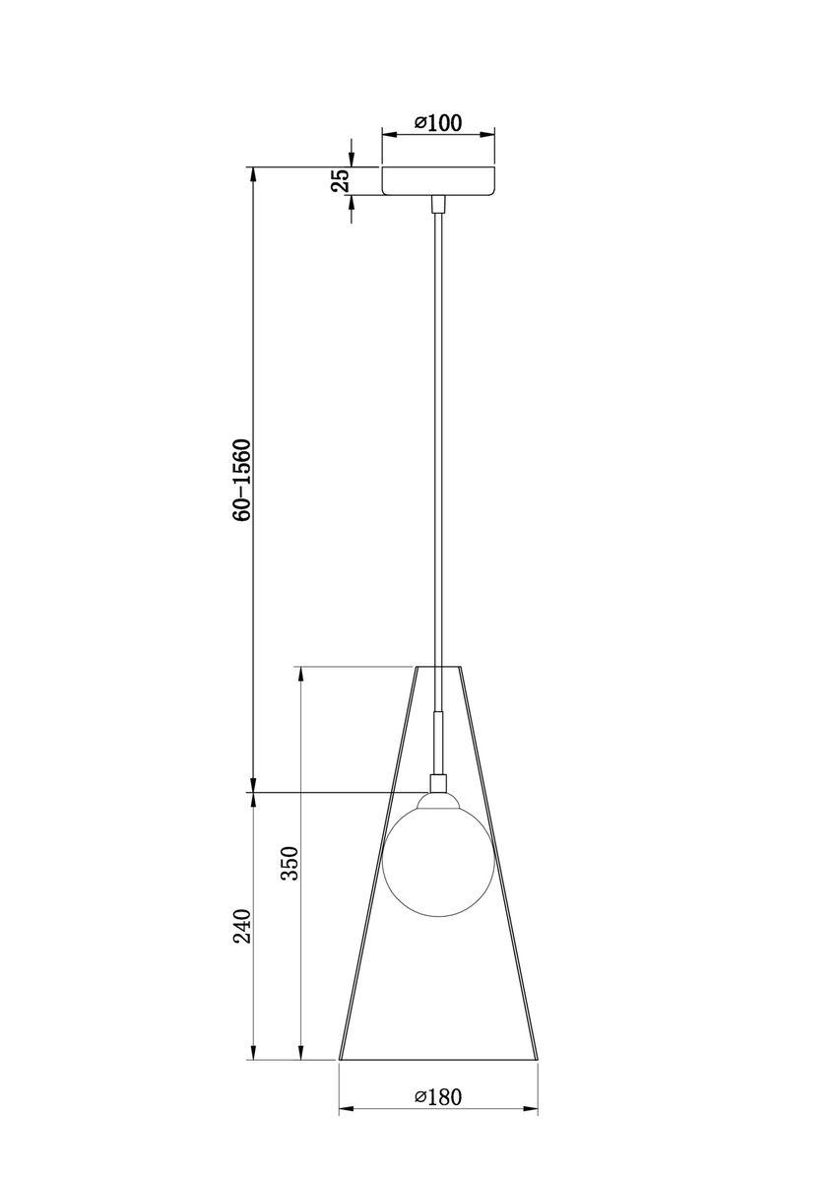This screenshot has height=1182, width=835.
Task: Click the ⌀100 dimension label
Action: tap(438, 122)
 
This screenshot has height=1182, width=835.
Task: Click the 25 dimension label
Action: tap(340, 180)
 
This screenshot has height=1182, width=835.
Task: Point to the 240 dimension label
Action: tap(243, 927)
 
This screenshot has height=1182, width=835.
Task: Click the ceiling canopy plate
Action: tap(438, 180)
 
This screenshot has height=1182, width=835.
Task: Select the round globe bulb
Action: tap(437, 852)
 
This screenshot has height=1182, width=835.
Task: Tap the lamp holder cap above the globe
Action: tap(438, 783)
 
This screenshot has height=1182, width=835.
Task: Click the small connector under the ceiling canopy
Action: tap(438, 203)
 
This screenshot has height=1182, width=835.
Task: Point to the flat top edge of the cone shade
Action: tap(438, 667)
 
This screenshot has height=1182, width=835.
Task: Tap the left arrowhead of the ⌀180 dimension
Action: tap(346, 1110)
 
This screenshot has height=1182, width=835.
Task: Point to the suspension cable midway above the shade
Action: tap(438, 433)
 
